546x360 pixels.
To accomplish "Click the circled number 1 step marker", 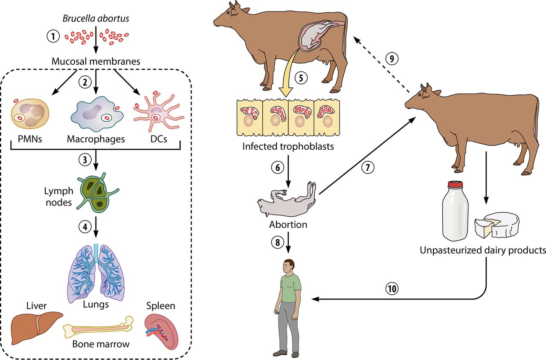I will [53, 36].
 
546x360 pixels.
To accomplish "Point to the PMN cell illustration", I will [30, 115].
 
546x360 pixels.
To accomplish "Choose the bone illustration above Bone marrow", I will [98, 328].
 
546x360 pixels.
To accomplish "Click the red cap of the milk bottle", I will [455, 185].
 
